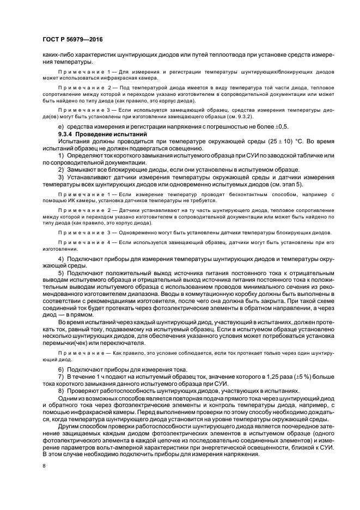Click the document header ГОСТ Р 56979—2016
[72, 40]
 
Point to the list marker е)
[61, 126]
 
